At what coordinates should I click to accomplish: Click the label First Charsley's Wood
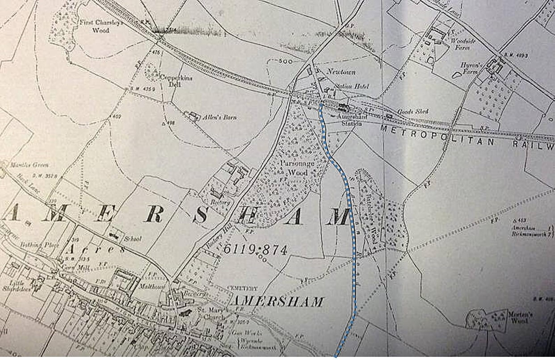[x=101, y=26]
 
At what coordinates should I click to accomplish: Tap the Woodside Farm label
[x=462, y=43]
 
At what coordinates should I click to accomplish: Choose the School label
[x=133, y=239]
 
